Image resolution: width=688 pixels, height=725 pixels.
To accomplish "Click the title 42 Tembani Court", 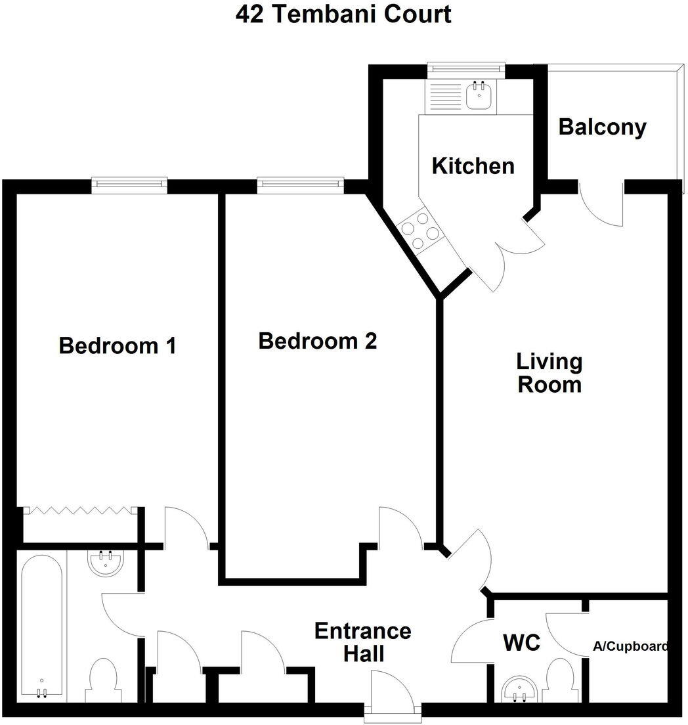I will pos(344,14).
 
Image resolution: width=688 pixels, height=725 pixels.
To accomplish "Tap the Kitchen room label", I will pos(473,165).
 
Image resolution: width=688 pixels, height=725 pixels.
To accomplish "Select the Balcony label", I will pos(602,127).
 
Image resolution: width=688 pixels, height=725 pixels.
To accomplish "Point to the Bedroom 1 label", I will pos(118,345).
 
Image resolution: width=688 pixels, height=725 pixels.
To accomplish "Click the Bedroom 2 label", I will pos(318,341).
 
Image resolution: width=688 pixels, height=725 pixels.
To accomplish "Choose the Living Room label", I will pos(549,372).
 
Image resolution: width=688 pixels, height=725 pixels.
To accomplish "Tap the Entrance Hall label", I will pos(362,642).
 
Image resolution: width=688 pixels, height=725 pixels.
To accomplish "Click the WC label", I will pos(522,643).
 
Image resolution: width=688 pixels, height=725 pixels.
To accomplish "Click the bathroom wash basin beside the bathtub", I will pos(106,563).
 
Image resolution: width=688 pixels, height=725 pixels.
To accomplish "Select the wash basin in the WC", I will pos(519,690).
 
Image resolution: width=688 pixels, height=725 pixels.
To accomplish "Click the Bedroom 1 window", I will pos(129,185).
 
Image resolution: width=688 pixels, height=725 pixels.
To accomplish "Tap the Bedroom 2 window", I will pos(301,185).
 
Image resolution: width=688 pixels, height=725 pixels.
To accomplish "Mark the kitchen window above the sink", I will pos(465,69).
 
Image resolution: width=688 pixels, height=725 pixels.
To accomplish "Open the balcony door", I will pos(601,204).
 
